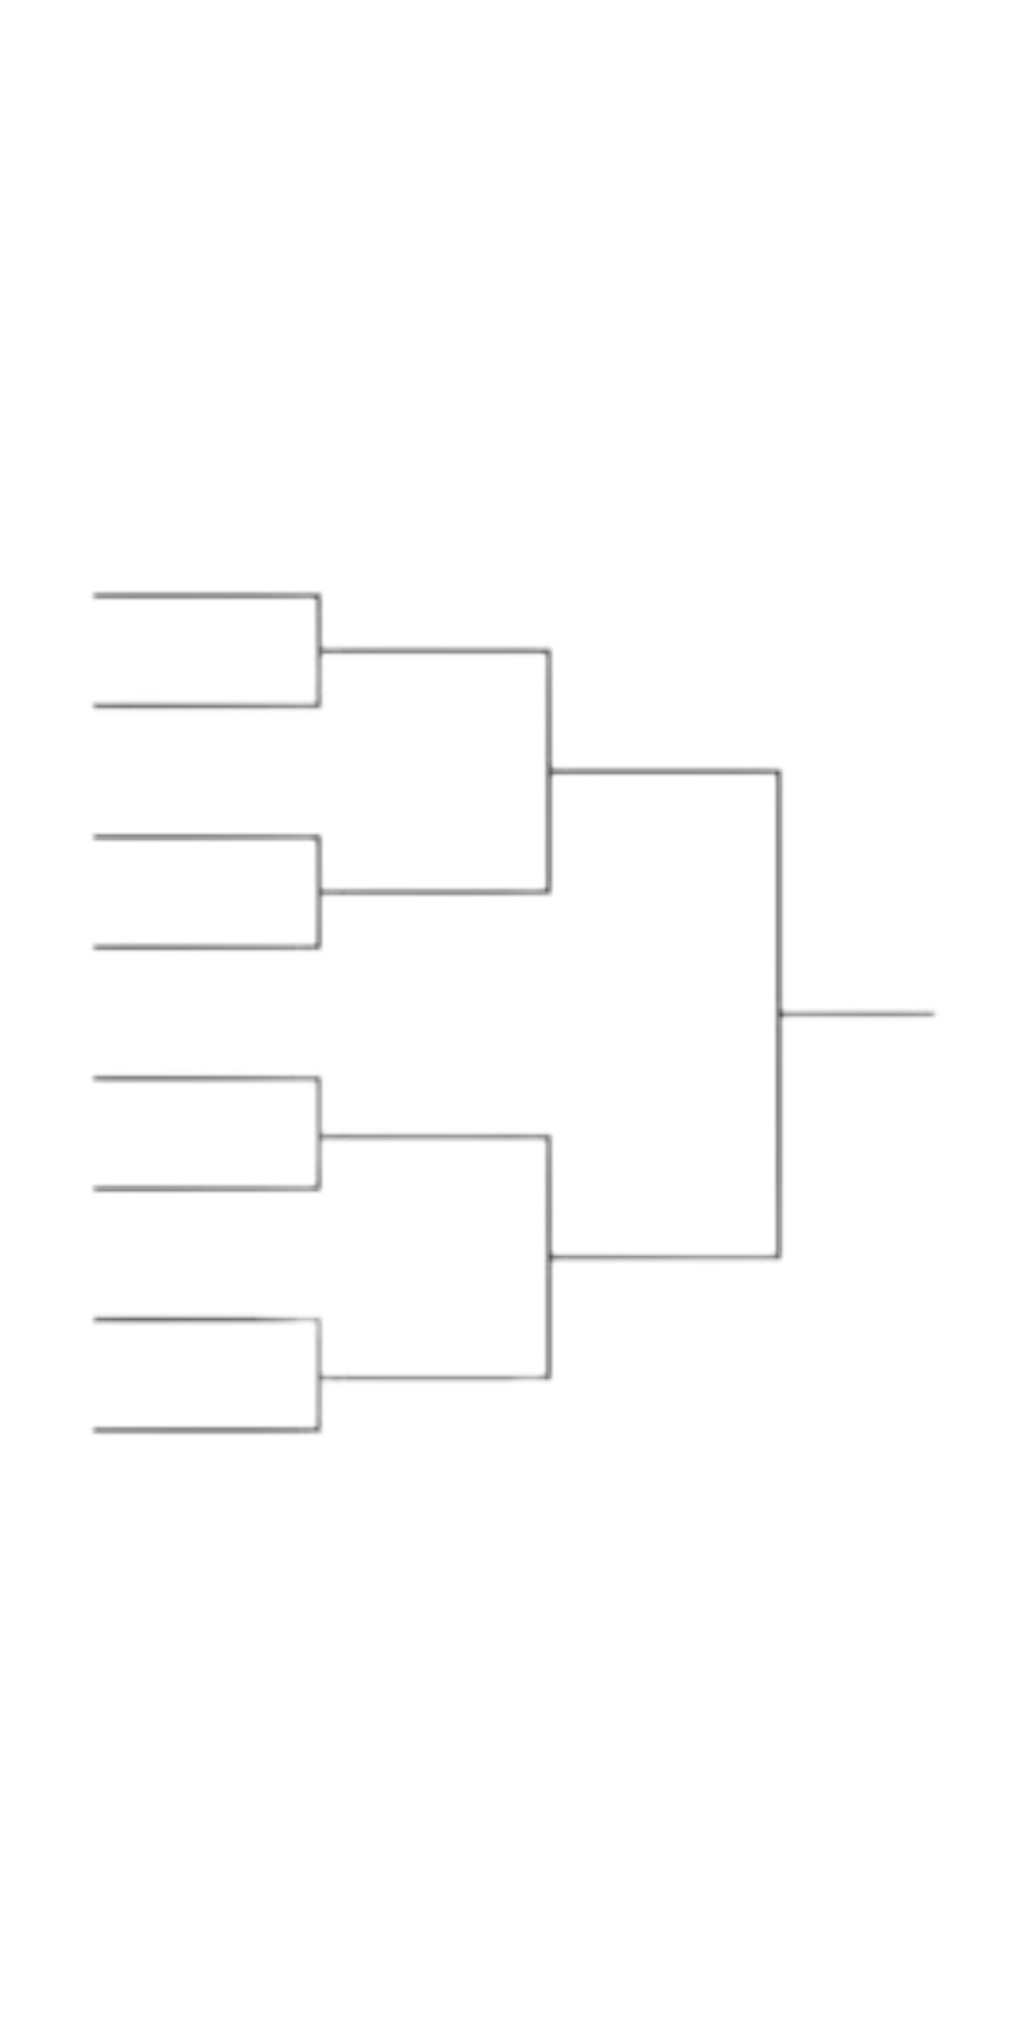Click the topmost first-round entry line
click(x=198, y=597)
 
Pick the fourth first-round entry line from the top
click(x=198, y=947)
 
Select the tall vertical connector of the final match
click(x=781, y=1013)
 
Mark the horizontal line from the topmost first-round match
click(x=435, y=650)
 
